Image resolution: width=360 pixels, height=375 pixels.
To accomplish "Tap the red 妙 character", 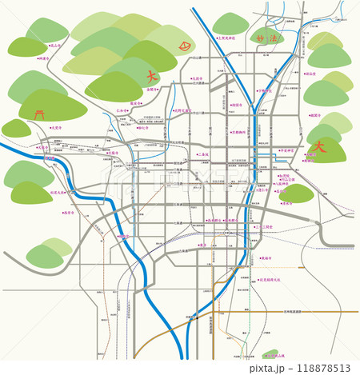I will click(258, 38).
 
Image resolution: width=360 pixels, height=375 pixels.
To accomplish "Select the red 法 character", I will click(277, 37).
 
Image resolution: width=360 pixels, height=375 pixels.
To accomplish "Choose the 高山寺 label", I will click(55, 46).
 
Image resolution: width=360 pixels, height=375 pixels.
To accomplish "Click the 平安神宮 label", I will click(287, 150).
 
